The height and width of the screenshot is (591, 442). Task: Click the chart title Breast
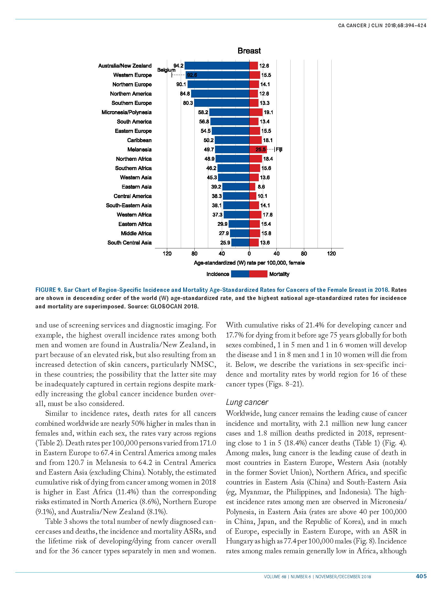[x=249, y=51]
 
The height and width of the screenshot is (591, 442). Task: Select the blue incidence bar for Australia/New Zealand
[x=217, y=65]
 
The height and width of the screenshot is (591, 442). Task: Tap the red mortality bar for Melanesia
[x=258, y=149]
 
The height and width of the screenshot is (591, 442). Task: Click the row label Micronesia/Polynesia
[x=126, y=112]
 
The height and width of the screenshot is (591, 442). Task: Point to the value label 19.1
[x=268, y=112]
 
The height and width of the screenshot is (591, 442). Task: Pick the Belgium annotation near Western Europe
[x=166, y=70]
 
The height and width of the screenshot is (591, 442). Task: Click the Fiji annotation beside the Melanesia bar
[x=279, y=149]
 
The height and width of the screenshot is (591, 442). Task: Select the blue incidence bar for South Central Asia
[x=240, y=242]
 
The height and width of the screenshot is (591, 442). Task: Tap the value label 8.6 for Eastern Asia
[x=261, y=187]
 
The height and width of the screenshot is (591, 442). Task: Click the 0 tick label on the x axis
[x=249, y=254]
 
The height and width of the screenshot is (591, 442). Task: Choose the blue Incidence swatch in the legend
[x=240, y=274]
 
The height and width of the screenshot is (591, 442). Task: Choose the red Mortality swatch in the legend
[x=258, y=274]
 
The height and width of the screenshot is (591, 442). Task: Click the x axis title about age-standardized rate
[x=249, y=263]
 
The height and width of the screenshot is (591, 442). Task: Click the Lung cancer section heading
[x=247, y=402]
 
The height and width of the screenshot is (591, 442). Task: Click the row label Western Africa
[x=134, y=215]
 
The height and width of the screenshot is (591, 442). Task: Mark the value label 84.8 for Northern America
[x=185, y=94]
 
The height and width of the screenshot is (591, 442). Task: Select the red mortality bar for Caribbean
[x=256, y=140]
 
